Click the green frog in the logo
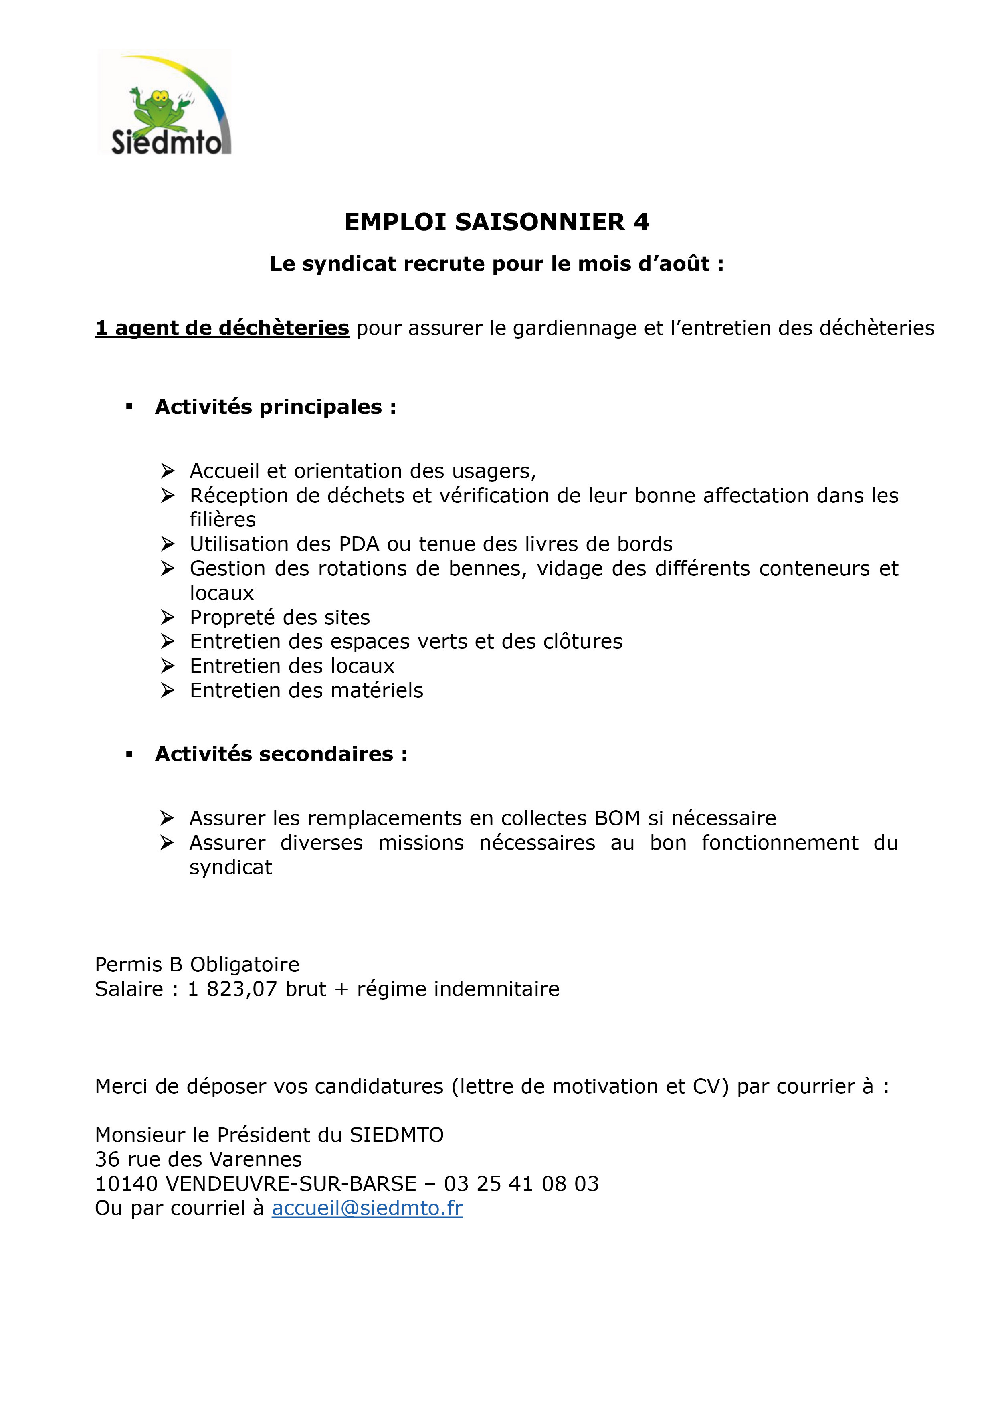(160, 109)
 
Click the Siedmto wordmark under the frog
(166, 143)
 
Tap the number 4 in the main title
(641, 222)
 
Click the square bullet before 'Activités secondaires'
(129, 755)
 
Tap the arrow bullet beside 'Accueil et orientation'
(168, 471)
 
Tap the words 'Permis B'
(139, 965)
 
